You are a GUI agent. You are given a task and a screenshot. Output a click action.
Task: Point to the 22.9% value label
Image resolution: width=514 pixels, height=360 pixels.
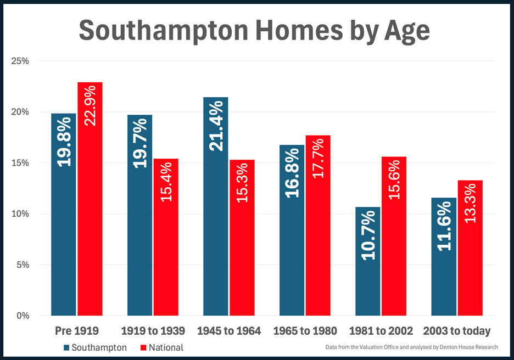[x=90, y=104]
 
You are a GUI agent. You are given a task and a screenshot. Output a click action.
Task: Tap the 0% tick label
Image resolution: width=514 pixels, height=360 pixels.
[x=21, y=316]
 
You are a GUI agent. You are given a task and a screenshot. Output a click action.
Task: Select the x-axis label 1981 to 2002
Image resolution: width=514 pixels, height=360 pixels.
[x=381, y=331]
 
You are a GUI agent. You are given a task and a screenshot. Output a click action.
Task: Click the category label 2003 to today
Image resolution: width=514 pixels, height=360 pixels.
[x=457, y=331]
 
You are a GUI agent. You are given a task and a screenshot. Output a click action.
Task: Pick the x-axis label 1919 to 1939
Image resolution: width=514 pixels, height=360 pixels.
[x=153, y=331]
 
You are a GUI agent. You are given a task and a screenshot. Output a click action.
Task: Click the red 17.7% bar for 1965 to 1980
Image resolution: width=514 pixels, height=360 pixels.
[x=318, y=247]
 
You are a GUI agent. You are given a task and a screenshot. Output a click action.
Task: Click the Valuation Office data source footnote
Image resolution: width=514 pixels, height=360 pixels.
[x=411, y=347]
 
